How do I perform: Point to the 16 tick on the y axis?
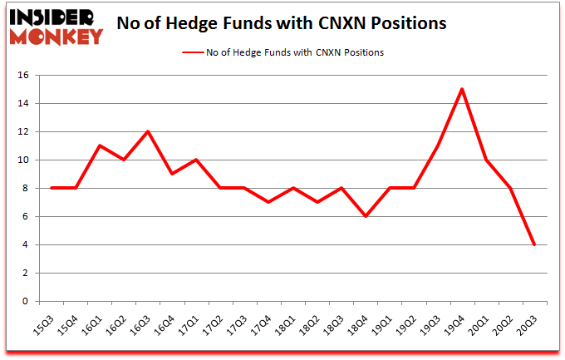(x=23, y=76)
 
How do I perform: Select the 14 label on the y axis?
(x=23, y=104)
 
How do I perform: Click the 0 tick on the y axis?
(x=27, y=302)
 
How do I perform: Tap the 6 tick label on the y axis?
(x=27, y=217)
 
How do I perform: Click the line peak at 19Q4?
(x=462, y=89)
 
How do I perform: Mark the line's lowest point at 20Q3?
(x=534, y=244)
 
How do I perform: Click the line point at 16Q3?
(x=149, y=131)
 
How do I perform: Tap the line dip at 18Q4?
(x=366, y=216)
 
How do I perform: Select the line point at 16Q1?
(x=101, y=145)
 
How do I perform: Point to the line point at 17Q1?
(x=197, y=160)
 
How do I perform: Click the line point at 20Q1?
(x=486, y=160)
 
